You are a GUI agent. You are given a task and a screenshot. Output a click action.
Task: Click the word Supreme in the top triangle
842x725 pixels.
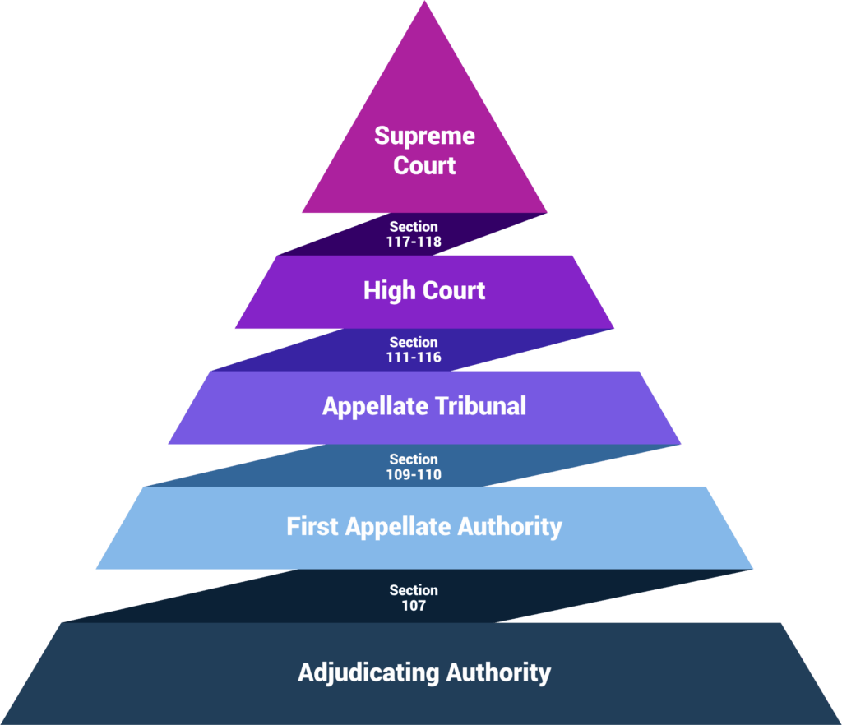click(x=424, y=136)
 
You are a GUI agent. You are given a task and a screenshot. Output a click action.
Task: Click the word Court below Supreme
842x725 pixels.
click(x=424, y=165)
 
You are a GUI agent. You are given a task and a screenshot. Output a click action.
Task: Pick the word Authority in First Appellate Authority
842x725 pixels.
click(x=510, y=527)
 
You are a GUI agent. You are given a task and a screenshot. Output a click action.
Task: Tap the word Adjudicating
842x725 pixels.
click(x=368, y=673)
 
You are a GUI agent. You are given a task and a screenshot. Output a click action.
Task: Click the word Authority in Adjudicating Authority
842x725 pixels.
click(x=498, y=673)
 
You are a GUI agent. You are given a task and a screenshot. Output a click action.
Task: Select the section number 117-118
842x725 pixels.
click(x=414, y=242)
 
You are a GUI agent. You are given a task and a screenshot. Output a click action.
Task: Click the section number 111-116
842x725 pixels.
click(x=414, y=358)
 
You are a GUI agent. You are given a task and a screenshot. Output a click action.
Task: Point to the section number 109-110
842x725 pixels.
click(x=414, y=474)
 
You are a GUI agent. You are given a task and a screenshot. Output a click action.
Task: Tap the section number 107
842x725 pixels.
click(x=414, y=605)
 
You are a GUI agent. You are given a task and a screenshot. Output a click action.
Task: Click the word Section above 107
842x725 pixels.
click(x=414, y=590)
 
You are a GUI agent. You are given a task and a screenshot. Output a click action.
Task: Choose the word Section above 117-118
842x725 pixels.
click(x=414, y=227)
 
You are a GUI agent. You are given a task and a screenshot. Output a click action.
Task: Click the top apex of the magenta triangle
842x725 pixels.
click(x=425, y=2)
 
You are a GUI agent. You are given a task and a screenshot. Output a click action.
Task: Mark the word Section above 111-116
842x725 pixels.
click(x=414, y=343)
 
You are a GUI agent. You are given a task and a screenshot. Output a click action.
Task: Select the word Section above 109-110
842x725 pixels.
click(x=414, y=459)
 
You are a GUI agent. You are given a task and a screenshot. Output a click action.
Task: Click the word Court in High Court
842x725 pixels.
click(x=454, y=291)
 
